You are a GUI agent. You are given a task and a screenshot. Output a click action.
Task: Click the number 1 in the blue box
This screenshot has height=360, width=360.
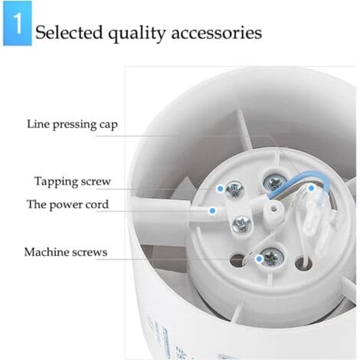click(x=18, y=23)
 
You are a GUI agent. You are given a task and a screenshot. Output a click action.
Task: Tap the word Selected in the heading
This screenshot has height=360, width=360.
click(x=69, y=32)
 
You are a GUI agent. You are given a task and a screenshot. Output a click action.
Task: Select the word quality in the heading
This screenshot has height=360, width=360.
click(x=137, y=34)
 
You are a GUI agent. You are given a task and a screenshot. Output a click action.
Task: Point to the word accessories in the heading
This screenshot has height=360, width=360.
click(x=217, y=33)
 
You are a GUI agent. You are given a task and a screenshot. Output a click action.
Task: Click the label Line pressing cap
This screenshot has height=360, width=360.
click(x=72, y=125)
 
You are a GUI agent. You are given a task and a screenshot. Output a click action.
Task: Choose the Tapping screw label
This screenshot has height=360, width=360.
click(x=73, y=182)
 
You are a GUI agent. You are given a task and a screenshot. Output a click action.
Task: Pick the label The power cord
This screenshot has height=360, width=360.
click(x=67, y=205)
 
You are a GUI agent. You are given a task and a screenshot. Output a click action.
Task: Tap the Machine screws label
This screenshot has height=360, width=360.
click(x=66, y=252)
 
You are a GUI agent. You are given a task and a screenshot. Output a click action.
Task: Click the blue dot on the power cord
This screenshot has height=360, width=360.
click(x=212, y=211)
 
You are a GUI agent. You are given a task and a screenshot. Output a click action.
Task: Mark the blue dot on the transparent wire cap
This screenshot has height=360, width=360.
click(x=311, y=188)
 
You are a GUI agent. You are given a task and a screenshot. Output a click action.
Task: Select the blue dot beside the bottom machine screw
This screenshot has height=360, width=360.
click(x=260, y=259)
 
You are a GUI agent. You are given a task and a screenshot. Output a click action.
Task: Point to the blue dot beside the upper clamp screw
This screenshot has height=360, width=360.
click(x=220, y=189)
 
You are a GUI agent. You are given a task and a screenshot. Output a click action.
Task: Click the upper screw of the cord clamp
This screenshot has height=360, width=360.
click(x=235, y=189)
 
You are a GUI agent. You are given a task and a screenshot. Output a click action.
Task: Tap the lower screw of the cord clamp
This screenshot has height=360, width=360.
click(x=241, y=224)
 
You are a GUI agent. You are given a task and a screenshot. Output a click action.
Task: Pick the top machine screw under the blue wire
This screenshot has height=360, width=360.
click(x=275, y=182)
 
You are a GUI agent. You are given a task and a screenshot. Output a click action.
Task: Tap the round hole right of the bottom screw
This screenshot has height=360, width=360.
click(x=303, y=263)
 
